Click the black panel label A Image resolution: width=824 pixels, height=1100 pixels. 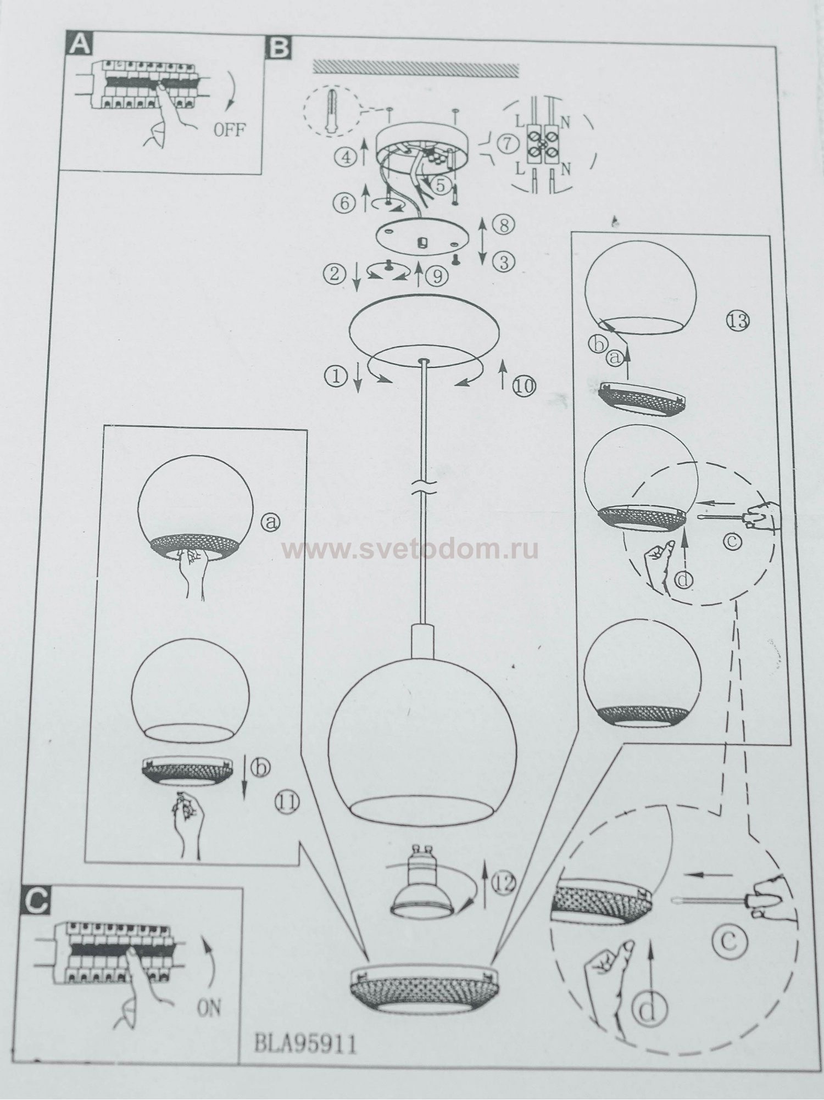pyautogui.click(x=79, y=43)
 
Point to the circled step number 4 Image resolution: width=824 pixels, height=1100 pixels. pyautogui.click(x=344, y=158)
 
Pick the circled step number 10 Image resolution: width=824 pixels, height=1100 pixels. pyautogui.click(x=525, y=386)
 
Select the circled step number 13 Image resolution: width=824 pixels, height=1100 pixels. pyautogui.click(x=739, y=320)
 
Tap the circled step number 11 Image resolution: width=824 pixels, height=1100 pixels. pyautogui.click(x=286, y=803)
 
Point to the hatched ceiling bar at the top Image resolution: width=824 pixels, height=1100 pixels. pyautogui.click(x=415, y=68)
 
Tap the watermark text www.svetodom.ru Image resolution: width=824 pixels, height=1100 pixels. pyautogui.click(x=410, y=549)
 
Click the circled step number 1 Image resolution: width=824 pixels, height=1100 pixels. pyautogui.click(x=336, y=376)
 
